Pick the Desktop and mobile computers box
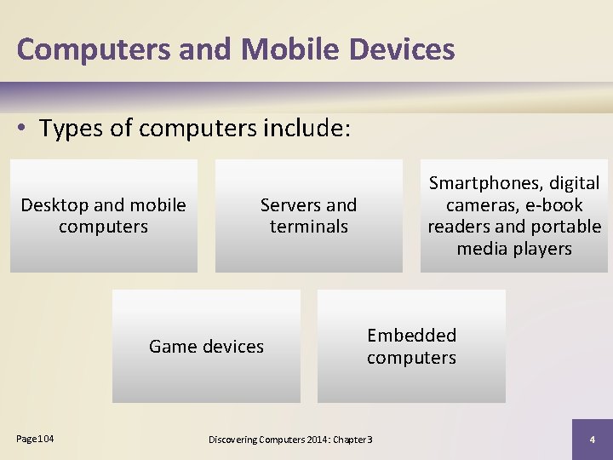click(104, 216)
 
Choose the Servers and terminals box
click(308, 216)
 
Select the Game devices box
click(206, 346)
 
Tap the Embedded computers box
click(411, 346)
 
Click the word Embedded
click(411, 336)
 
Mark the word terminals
click(308, 227)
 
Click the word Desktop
click(54, 205)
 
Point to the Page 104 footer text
click(35, 438)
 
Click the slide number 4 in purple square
click(592, 439)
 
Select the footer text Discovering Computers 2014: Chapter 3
click(290, 439)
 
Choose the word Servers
click(290, 205)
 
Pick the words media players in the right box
click(514, 249)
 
